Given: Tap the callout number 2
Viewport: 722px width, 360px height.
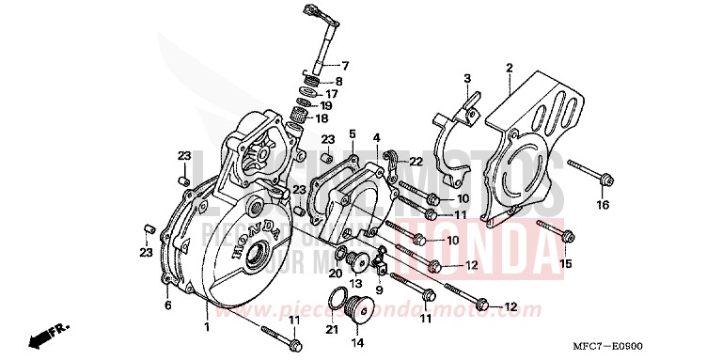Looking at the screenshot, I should (x=509, y=67).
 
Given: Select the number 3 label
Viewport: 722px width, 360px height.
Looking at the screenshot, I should (x=467, y=77).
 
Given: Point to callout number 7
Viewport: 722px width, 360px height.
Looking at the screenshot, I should (x=344, y=65).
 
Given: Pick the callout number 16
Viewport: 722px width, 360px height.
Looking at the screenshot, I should (x=603, y=206).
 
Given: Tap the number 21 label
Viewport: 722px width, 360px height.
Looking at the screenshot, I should (x=330, y=329).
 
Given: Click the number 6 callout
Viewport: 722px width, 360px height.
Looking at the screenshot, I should (x=167, y=305).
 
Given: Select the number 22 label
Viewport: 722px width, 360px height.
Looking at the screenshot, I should (x=416, y=162).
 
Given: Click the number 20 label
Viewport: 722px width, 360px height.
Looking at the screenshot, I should (x=335, y=273).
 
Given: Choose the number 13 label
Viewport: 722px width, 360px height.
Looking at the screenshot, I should (x=356, y=284).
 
